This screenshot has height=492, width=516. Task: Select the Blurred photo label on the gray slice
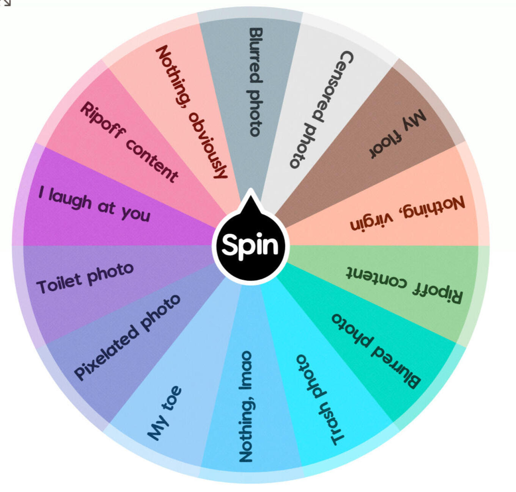click(x=255, y=82)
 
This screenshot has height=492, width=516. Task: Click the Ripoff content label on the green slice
click(x=404, y=285)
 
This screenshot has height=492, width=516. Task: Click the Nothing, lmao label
click(x=246, y=406)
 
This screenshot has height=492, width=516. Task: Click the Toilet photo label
click(x=85, y=278)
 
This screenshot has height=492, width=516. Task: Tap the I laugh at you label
click(x=94, y=204)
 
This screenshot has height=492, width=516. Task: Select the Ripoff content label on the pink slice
click(x=129, y=142)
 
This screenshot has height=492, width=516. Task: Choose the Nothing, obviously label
click(x=192, y=111)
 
